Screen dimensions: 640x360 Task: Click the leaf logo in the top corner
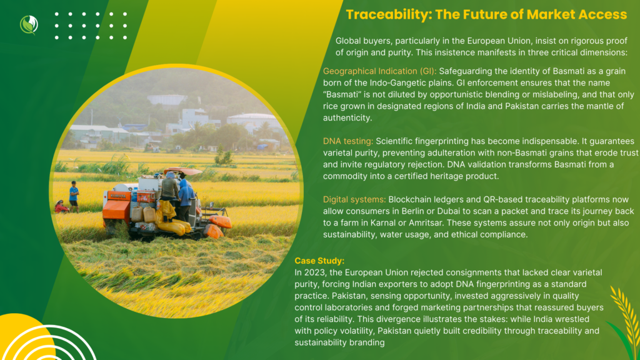(x=29, y=24)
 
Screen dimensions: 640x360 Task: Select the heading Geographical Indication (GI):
(x=379, y=71)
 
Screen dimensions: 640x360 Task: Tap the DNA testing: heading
(x=347, y=141)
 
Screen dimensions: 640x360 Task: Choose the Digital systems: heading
(x=354, y=199)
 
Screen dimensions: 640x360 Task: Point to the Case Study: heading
(x=319, y=261)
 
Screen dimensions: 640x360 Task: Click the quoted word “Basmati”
(x=342, y=94)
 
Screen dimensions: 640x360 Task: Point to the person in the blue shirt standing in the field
(x=74, y=196)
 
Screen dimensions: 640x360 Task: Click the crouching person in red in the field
(x=61, y=206)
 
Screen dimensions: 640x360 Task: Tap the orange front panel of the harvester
(x=116, y=207)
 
